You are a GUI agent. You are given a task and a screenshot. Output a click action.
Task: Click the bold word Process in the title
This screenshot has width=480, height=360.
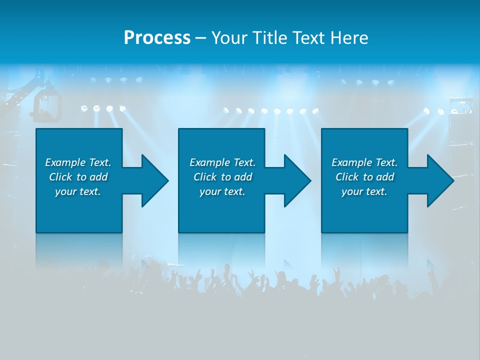(x=157, y=38)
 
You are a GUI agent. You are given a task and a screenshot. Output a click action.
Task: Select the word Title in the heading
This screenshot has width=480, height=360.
(x=269, y=38)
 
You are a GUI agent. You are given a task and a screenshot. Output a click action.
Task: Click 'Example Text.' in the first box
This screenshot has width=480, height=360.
(x=78, y=162)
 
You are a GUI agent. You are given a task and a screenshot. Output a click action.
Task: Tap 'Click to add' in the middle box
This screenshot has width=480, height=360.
(x=222, y=177)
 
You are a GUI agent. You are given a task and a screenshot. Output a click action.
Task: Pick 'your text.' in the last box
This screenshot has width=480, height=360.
(x=364, y=191)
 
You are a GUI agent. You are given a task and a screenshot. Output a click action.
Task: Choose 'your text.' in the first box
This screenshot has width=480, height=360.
(x=78, y=191)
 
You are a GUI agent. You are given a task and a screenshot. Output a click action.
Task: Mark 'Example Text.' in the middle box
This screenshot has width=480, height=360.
(x=222, y=162)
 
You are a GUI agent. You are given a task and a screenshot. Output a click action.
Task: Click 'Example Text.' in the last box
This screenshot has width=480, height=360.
(x=364, y=162)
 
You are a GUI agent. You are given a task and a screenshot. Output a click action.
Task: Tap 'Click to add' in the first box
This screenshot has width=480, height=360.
(x=78, y=177)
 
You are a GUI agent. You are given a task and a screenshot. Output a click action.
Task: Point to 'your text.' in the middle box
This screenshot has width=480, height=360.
(x=222, y=191)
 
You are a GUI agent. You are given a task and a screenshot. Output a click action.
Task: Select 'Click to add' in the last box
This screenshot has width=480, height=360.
(x=364, y=177)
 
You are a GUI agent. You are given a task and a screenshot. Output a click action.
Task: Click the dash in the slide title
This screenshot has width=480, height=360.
(x=200, y=38)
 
